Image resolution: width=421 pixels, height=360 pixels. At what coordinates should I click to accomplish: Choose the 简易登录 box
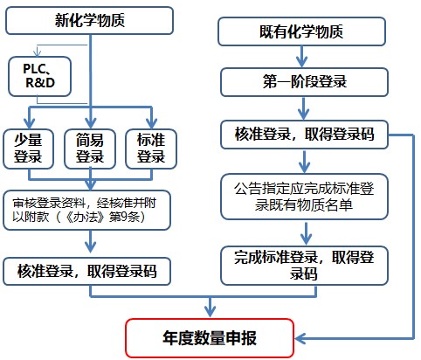click(x=90, y=148)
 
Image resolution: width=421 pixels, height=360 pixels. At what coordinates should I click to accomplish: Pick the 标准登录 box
click(x=151, y=148)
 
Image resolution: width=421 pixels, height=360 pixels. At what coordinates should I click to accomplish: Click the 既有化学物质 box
click(x=301, y=32)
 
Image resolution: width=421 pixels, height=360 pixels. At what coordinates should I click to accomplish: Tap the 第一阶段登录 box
click(x=301, y=82)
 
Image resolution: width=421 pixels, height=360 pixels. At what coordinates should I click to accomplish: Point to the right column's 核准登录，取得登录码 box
click(x=301, y=135)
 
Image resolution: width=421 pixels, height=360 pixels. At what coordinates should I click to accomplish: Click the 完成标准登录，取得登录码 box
click(x=301, y=263)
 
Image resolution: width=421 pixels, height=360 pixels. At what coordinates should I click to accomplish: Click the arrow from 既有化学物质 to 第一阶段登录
click(x=301, y=57)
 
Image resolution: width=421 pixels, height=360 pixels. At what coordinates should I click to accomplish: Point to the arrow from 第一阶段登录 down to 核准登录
click(x=301, y=108)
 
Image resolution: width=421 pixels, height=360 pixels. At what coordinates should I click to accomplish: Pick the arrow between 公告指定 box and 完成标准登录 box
click(x=301, y=232)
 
